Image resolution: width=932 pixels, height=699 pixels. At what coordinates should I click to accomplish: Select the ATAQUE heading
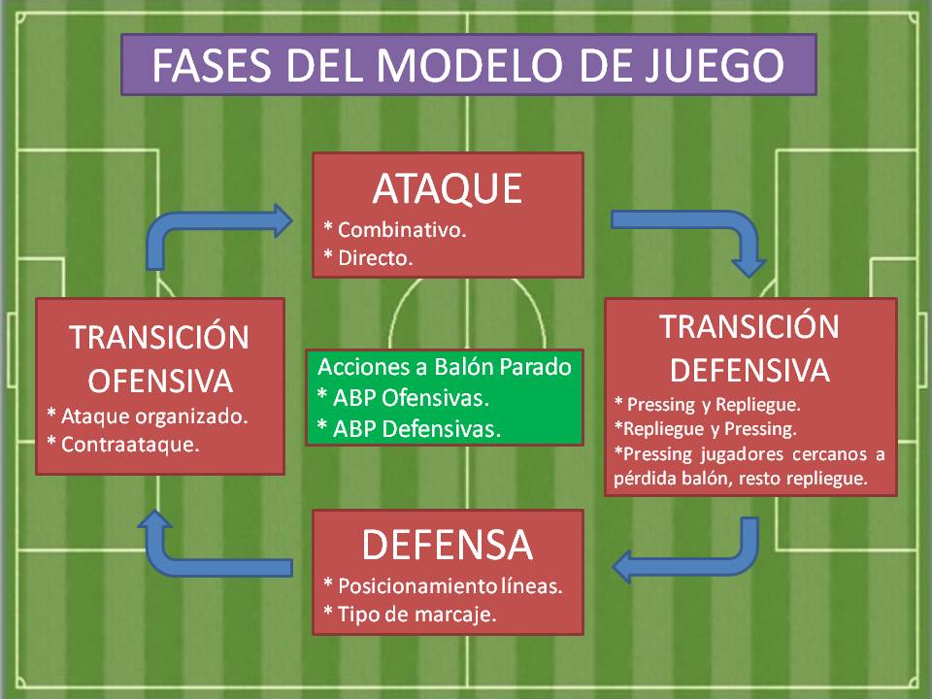coord(448,188)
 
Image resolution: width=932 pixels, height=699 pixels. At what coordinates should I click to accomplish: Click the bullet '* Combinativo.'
coord(395,231)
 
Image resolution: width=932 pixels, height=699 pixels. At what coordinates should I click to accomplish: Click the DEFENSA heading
coord(448,545)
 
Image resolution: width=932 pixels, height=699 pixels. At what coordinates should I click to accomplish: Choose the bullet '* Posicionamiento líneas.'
coord(443,586)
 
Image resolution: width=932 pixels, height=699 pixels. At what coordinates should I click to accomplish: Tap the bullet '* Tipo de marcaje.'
coord(410,615)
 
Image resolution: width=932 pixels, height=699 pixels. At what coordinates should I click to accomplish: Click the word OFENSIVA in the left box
coord(159,378)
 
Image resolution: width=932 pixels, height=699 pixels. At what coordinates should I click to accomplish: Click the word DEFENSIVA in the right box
coord(750,370)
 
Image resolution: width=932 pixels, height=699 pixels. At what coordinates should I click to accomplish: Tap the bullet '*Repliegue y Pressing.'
coord(705,428)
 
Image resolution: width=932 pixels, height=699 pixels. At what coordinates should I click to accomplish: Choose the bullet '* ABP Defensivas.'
coord(410,427)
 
